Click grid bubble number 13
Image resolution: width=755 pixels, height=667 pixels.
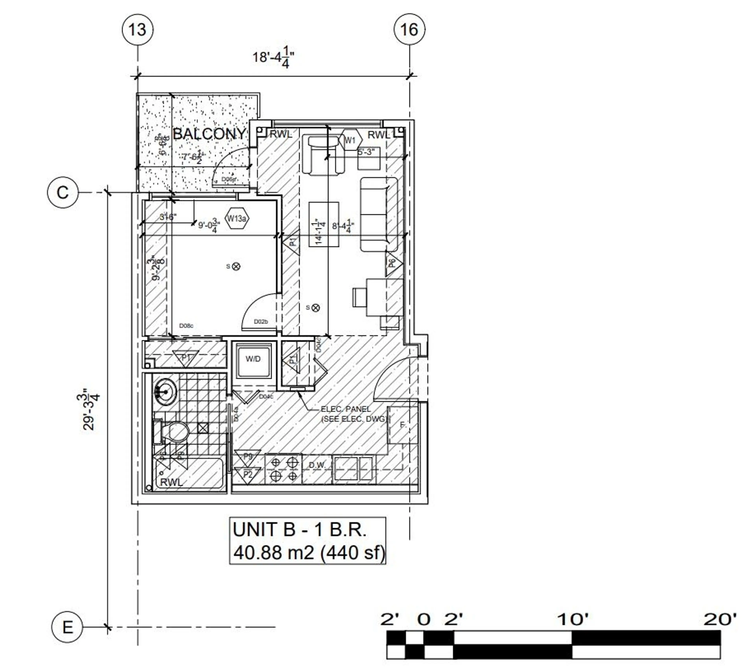coord(137,29)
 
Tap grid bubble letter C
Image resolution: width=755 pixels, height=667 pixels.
coord(63,193)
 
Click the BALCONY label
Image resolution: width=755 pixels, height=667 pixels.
coord(209,134)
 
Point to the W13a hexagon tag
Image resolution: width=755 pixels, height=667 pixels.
coord(236,219)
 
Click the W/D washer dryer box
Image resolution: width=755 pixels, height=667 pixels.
coord(253,359)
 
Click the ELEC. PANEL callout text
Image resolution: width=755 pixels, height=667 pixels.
coord(346,409)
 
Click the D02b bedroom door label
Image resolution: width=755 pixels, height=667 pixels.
coord(261,322)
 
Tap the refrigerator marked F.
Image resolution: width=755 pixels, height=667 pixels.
coord(403,425)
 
